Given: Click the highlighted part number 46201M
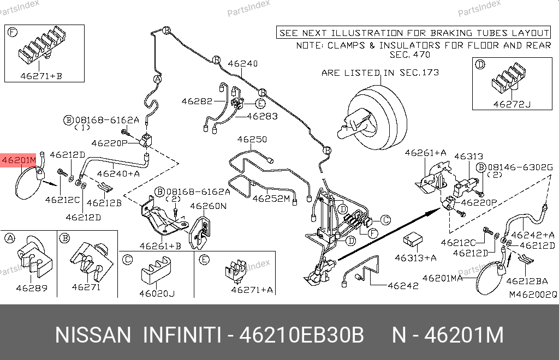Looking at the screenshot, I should click(19, 160).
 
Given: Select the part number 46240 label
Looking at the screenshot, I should click(242, 64).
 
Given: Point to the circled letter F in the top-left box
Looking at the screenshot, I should click(12, 32).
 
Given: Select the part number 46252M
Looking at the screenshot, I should click(271, 198).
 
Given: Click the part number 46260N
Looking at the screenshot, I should click(208, 206).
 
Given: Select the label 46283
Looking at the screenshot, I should click(262, 116).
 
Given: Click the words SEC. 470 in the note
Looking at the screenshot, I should click(409, 55).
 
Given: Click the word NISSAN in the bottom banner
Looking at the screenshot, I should click(93, 335).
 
